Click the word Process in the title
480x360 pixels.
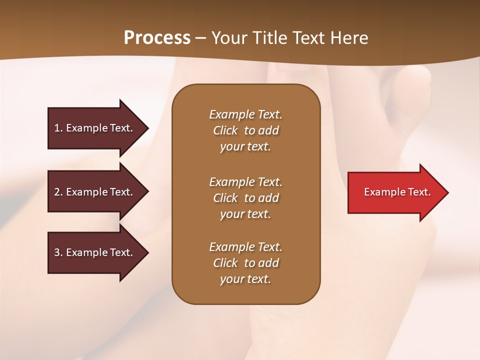157,38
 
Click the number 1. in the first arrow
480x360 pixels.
58,128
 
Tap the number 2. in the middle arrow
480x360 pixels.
58,192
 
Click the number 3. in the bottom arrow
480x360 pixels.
58,252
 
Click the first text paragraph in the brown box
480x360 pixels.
245,130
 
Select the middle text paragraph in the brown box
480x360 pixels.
245,198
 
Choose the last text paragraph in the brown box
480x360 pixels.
245,263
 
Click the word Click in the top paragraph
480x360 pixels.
225,130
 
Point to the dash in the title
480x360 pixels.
200,38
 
